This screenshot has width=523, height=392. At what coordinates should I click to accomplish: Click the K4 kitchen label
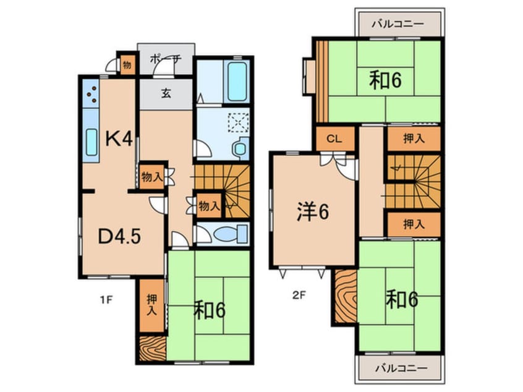[x=117, y=138]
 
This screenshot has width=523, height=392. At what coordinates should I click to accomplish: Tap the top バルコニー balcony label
[x=398, y=24]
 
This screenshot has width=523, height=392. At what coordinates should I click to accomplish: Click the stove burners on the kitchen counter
[x=90, y=94]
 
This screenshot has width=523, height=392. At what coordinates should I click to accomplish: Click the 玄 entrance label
[x=166, y=94]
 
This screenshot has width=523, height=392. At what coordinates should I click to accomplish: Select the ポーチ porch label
[x=166, y=59]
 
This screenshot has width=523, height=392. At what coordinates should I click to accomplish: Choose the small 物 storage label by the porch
[x=127, y=64]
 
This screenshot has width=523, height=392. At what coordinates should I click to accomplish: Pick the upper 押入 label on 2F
[x=414, y=138]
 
